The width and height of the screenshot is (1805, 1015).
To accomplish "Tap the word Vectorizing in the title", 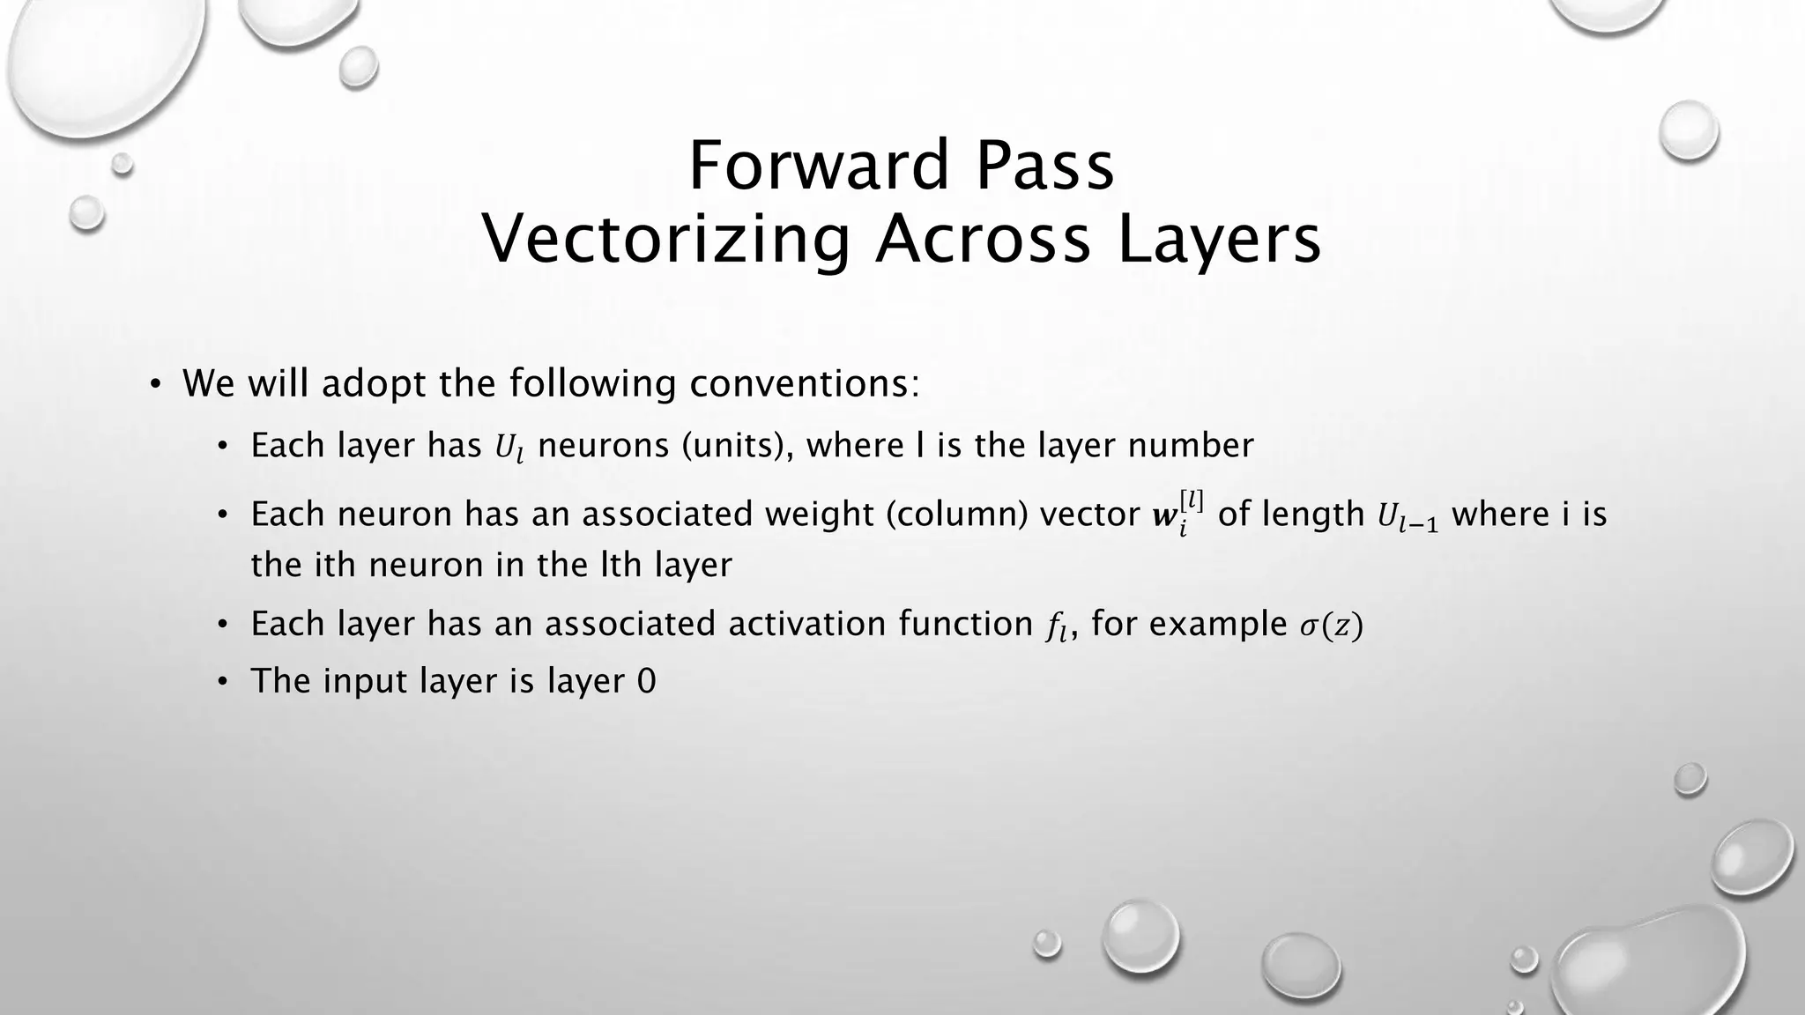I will pos(666,239).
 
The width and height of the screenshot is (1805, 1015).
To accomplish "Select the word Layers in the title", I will pos(1220,239).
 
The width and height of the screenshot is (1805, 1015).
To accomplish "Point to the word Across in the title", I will pos(983,239).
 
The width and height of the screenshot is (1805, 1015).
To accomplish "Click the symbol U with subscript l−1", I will pos(1408,516).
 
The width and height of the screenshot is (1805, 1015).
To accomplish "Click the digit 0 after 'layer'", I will pos(646,681).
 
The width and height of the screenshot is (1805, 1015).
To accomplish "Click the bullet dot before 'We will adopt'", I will pos(155,384).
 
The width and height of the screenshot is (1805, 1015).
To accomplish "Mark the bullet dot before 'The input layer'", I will pos(224,682).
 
